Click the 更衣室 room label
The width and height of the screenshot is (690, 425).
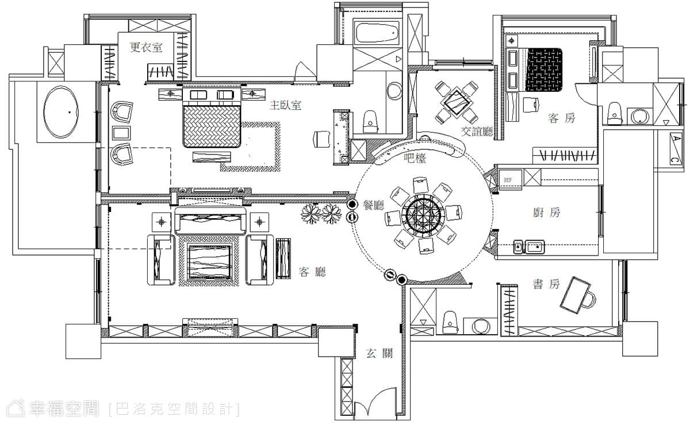[x=146, y=47]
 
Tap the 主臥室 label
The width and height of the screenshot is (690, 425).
[x=285, y=105]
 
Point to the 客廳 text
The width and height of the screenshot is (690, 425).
[x=312, y=272]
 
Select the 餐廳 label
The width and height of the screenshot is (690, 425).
[x=374, y=204]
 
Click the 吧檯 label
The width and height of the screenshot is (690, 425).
[x=415, y=158]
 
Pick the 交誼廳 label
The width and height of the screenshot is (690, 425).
[x=477, y=132]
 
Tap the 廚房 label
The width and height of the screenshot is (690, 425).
[x=546, y=212]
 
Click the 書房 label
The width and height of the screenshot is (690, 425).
[x=546, y=284]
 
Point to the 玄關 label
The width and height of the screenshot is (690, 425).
[x=379, y=353]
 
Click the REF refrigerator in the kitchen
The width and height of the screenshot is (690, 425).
[x=511, y=180]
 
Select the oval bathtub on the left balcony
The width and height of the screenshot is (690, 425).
[x=61, y=112]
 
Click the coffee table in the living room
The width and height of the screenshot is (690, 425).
[x=210, y=262]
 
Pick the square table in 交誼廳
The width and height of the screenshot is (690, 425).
[x=457, y=103]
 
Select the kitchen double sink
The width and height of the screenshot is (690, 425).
[x=528, y=247]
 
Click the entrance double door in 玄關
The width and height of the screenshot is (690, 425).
[x=375, y=401]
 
